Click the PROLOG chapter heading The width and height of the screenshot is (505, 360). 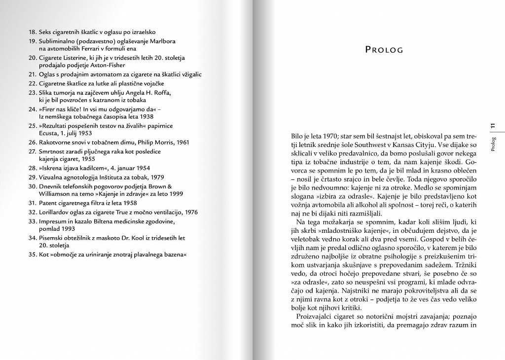384,50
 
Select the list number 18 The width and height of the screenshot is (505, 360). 33,32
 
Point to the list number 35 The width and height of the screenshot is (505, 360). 33,254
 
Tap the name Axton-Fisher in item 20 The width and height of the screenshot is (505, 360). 108,65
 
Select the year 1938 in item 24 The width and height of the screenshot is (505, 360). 145,117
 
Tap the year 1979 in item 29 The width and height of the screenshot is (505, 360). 156,177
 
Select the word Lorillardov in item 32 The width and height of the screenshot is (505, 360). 55,212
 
